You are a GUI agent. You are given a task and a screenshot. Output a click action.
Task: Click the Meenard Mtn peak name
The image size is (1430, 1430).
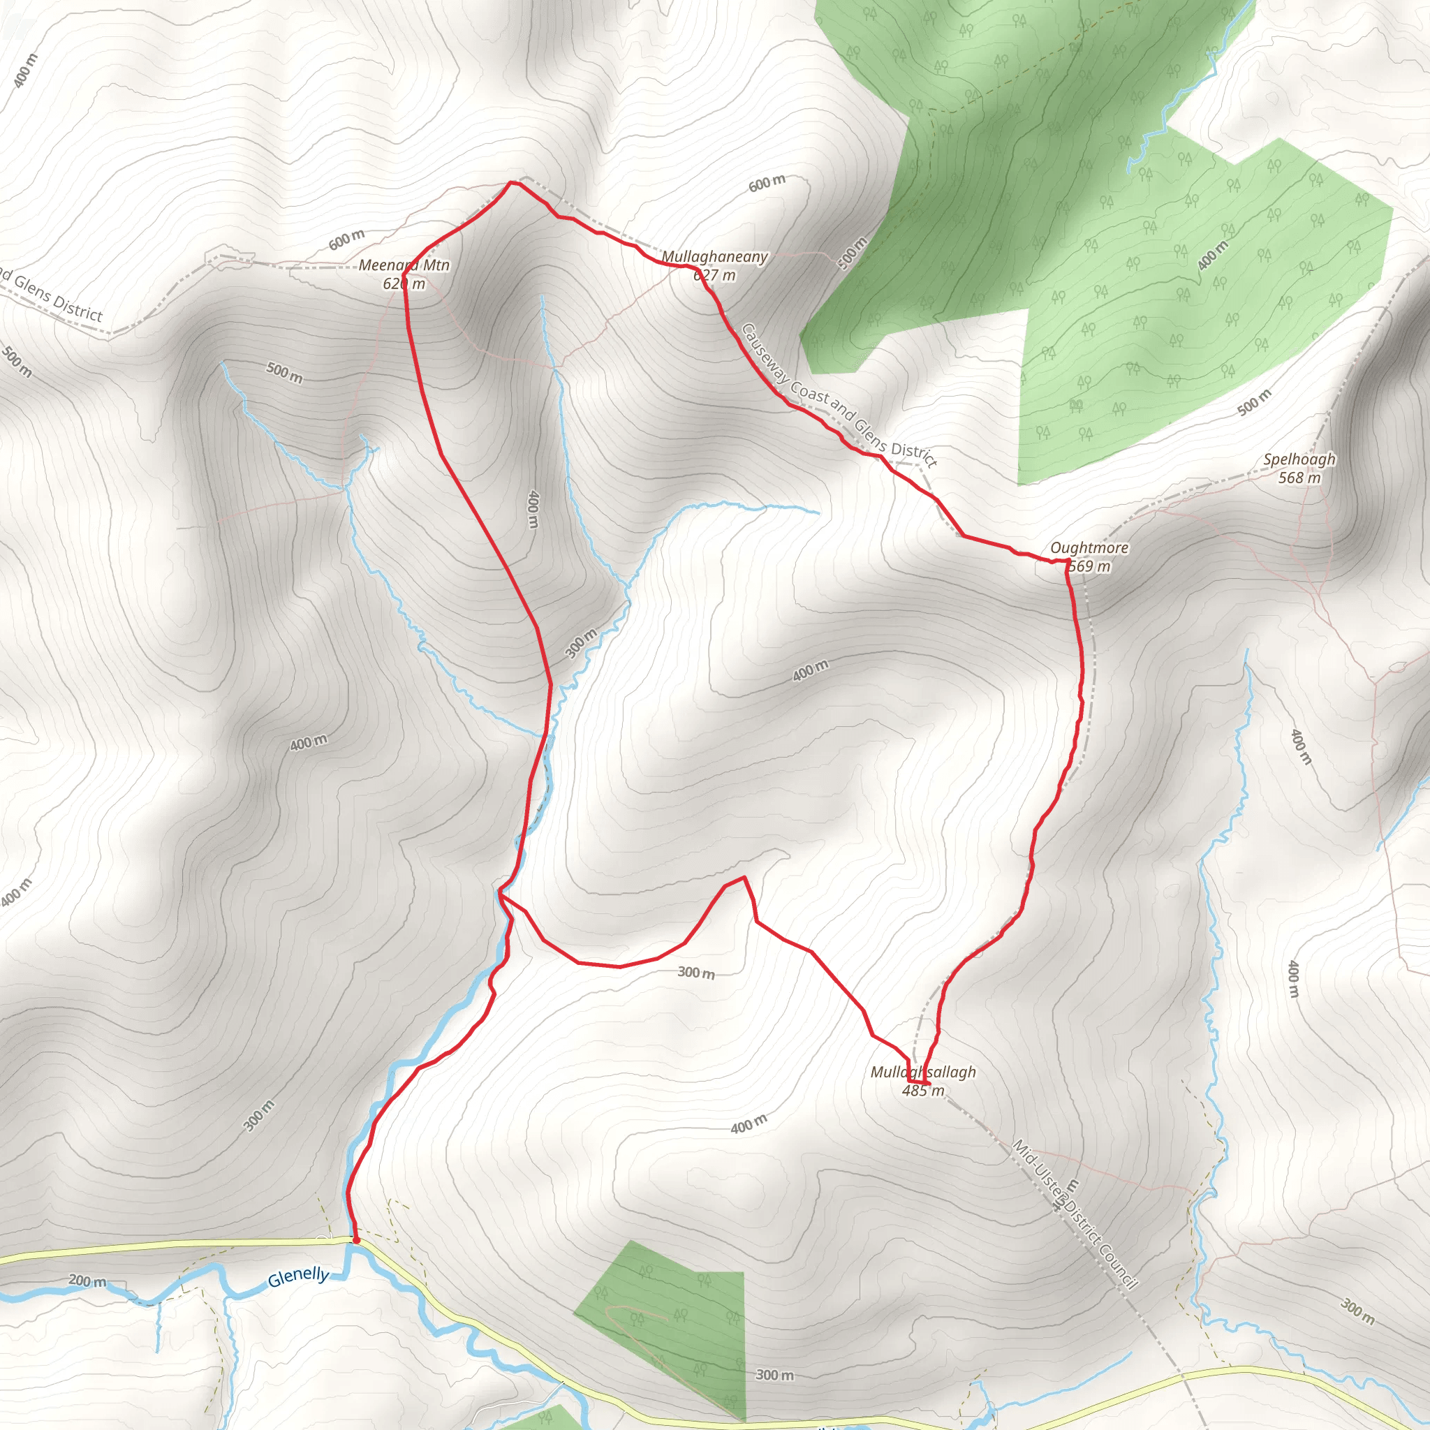click(x=404, y=265)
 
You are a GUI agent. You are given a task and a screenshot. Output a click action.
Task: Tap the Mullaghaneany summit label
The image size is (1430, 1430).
click(x=714, y=257)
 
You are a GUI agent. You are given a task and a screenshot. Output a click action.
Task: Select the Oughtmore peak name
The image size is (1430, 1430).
click(x=1089, y=547)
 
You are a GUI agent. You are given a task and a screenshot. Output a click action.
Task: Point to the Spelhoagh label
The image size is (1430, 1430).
click(x=1299, y=459)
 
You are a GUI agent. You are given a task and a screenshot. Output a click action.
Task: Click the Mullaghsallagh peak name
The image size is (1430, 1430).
click(x=923, y=1072)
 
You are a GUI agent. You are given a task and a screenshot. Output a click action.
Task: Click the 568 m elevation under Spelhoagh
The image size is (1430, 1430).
click(x=1299, y=478)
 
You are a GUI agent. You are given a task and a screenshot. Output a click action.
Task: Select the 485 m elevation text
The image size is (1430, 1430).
click(x=923, y=1090)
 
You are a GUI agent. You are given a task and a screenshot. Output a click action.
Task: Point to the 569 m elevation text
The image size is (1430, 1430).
click(x=1090, y=566)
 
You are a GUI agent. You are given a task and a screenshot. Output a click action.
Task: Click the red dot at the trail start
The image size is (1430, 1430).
click(x=356, y=1240)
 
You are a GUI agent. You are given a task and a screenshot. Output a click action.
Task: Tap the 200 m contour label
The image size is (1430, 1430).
click(x=87, y=1281)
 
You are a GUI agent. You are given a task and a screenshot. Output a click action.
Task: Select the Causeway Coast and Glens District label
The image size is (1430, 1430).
click(x=839, y=395)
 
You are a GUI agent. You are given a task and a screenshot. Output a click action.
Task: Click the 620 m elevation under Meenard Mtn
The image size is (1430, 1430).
click(x=404, y=283)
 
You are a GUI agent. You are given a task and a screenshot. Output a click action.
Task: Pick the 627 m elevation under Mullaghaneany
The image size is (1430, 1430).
click(x=714, y=275)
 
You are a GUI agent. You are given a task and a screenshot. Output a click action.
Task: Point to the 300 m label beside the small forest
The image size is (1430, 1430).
click(x=774, y=1376)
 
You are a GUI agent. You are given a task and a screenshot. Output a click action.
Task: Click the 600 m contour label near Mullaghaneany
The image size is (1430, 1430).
click(x=767, y=183)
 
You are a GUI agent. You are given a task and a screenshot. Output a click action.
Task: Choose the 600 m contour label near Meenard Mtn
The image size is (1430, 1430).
click(x=346, y=239)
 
